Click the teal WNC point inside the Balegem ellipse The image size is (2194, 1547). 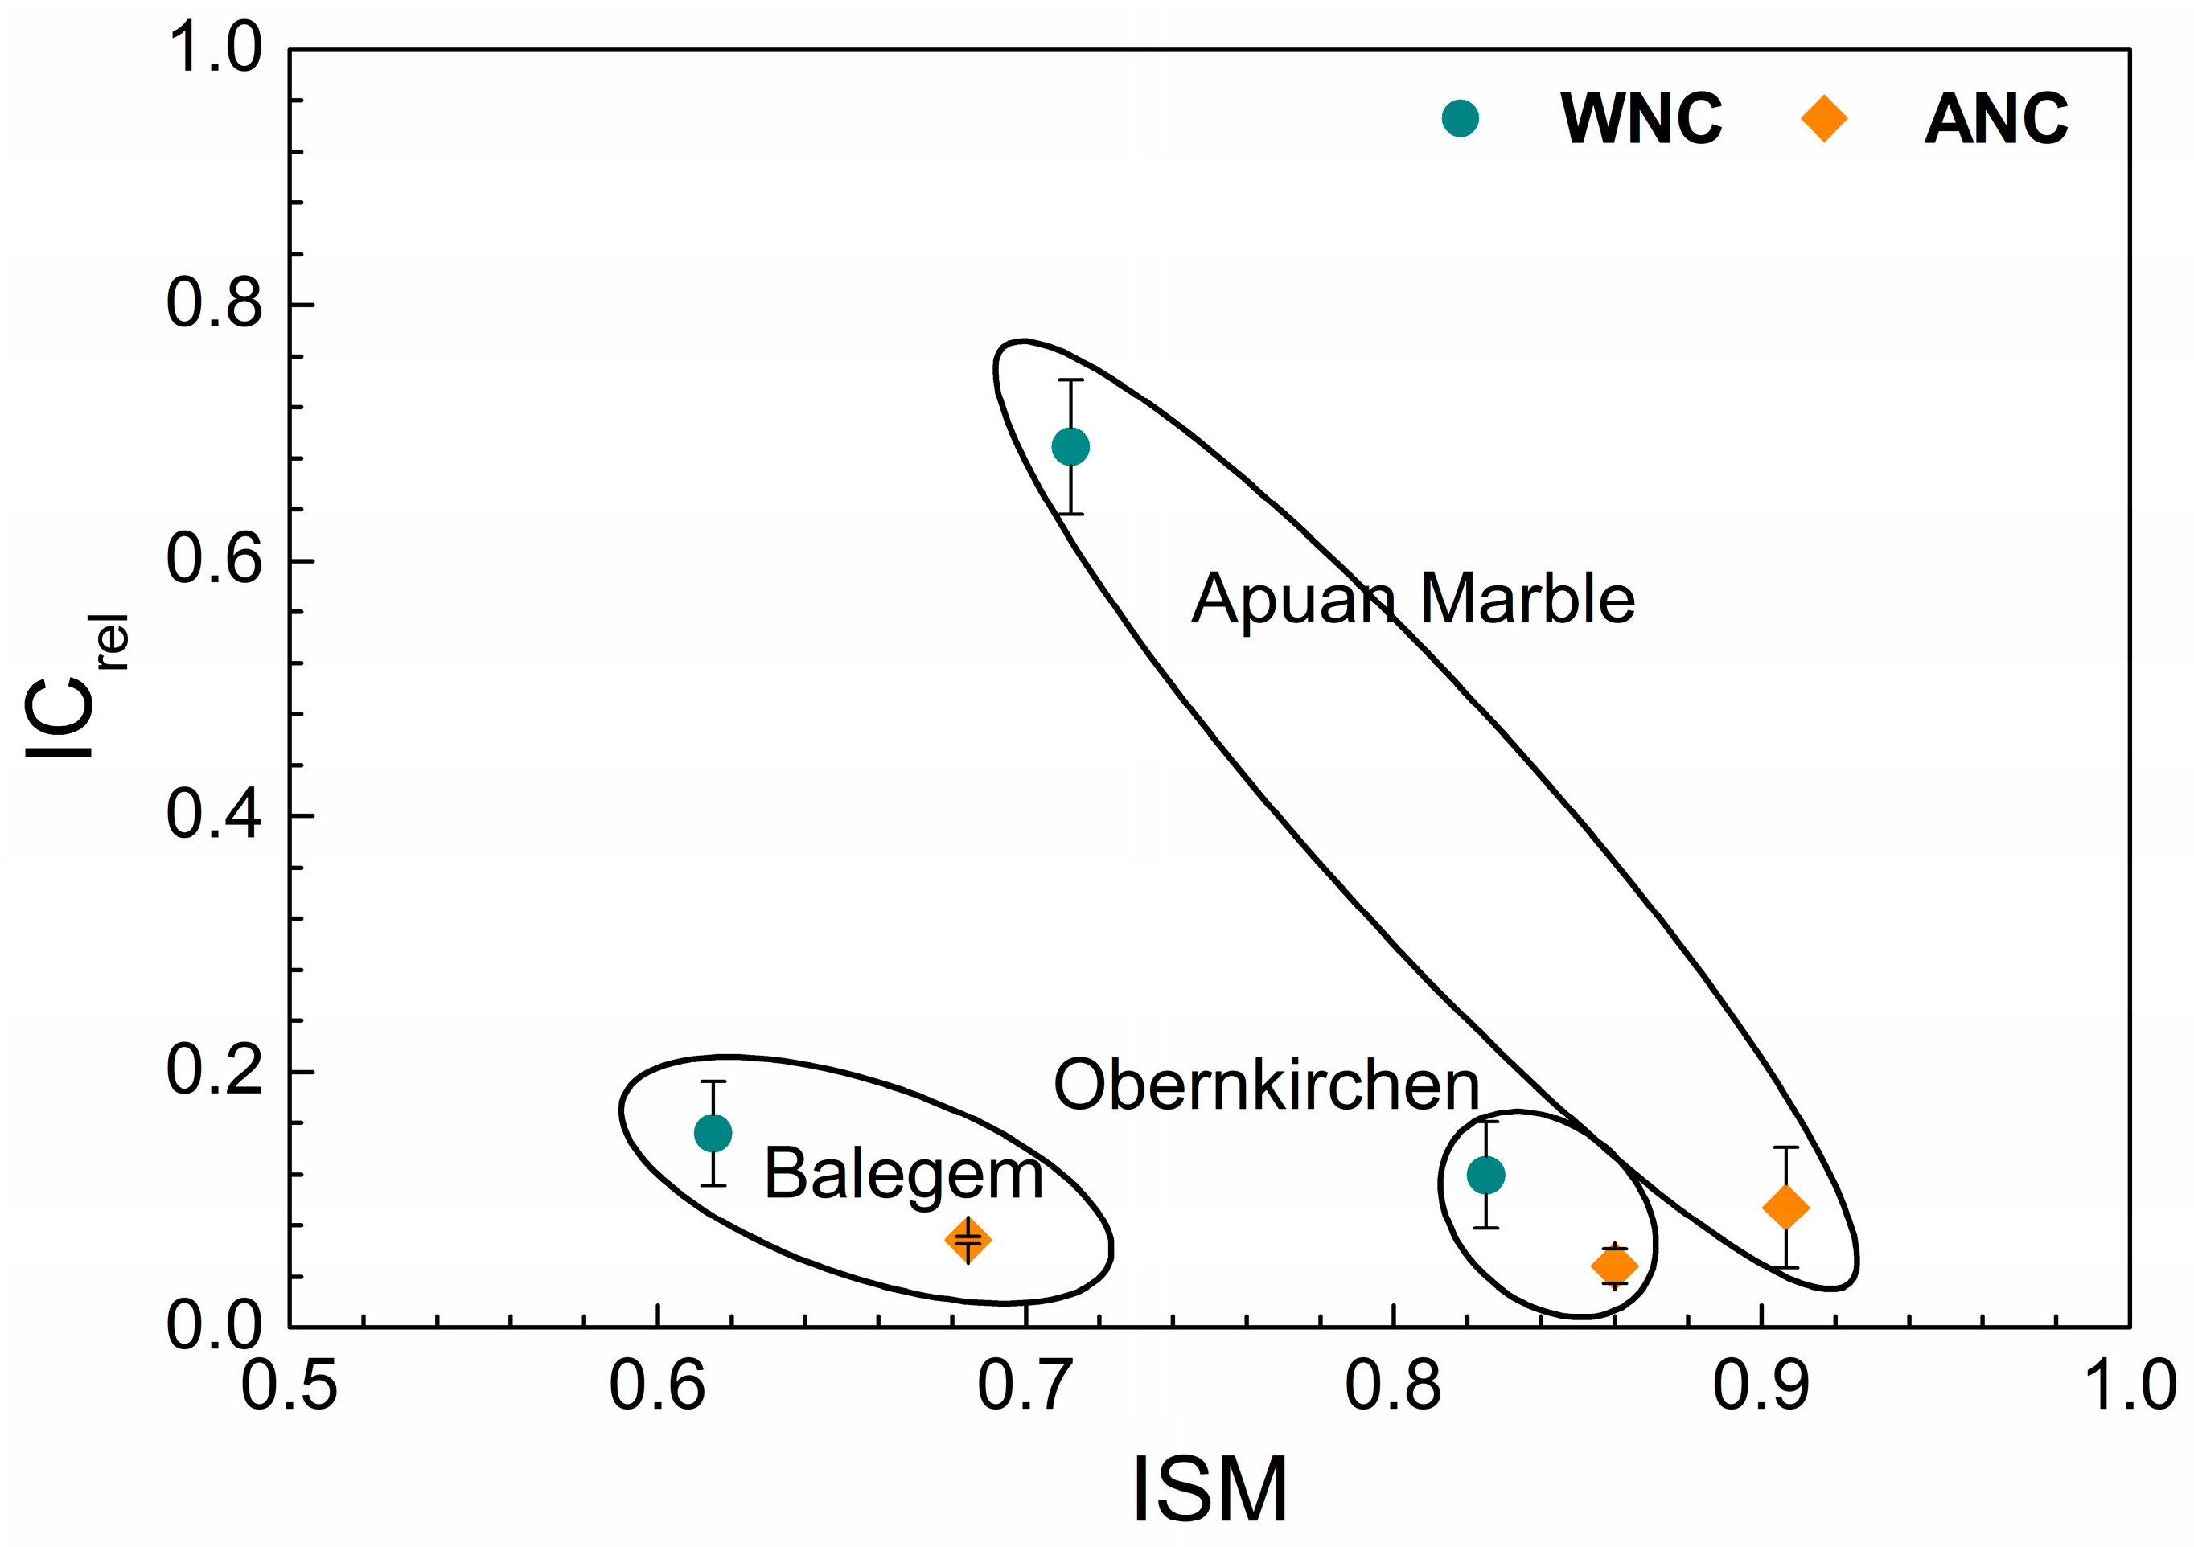pyautogui.click(x=713, y=1133)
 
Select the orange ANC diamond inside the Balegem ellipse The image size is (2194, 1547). pyautogui.click(x=968, y=1241)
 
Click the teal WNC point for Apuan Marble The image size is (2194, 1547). pyautogui.click(x=1070, y=446)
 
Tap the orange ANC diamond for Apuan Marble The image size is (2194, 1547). pyautogui.click(x=1785, y=1207)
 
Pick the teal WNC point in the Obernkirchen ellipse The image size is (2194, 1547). pyautogui.click(x=1486, y=1175)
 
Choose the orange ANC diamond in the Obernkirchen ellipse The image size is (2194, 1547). pyautogui.click(x=1615, y=1266)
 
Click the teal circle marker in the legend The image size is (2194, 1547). pyautogui.click(x=1460, y=118)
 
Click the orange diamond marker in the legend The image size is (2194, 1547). pyautogui.click(x=1823, y=118)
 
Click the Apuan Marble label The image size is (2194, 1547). pyautogui.click(x=1412, y=600)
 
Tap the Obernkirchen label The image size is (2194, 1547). pyautogui.click(x=1267, y=1085)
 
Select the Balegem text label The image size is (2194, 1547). pyautogui.click(x=903, y=1175)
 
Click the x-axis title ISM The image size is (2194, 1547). pyautogui.click(x=1210, y=1489)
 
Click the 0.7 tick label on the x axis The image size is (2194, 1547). pyautogui.click(x=1025, y=1386)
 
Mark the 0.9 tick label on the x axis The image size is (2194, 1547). pyautogui.click(x=1761, y=1386)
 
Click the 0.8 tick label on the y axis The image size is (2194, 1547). pyautogui.click(x=214, y=304)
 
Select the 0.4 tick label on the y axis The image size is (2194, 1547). pyautogui.click(x=214, y=815)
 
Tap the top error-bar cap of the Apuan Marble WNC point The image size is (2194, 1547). pyautogui.click(x=1070, y=380)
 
